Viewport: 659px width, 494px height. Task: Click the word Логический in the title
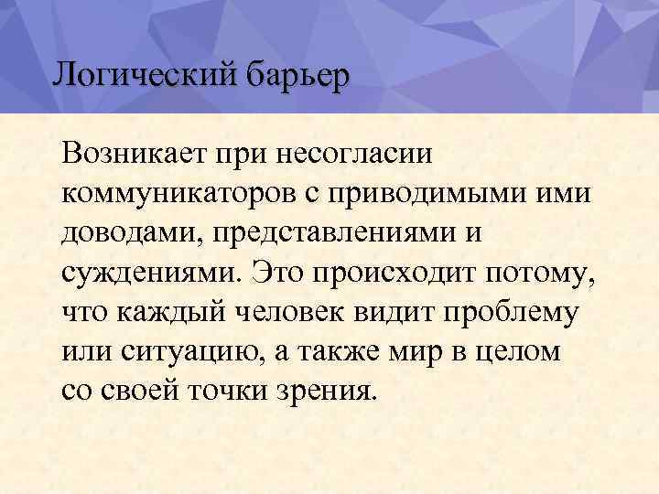coord(144,75)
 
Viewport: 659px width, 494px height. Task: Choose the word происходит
coord(404,272)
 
